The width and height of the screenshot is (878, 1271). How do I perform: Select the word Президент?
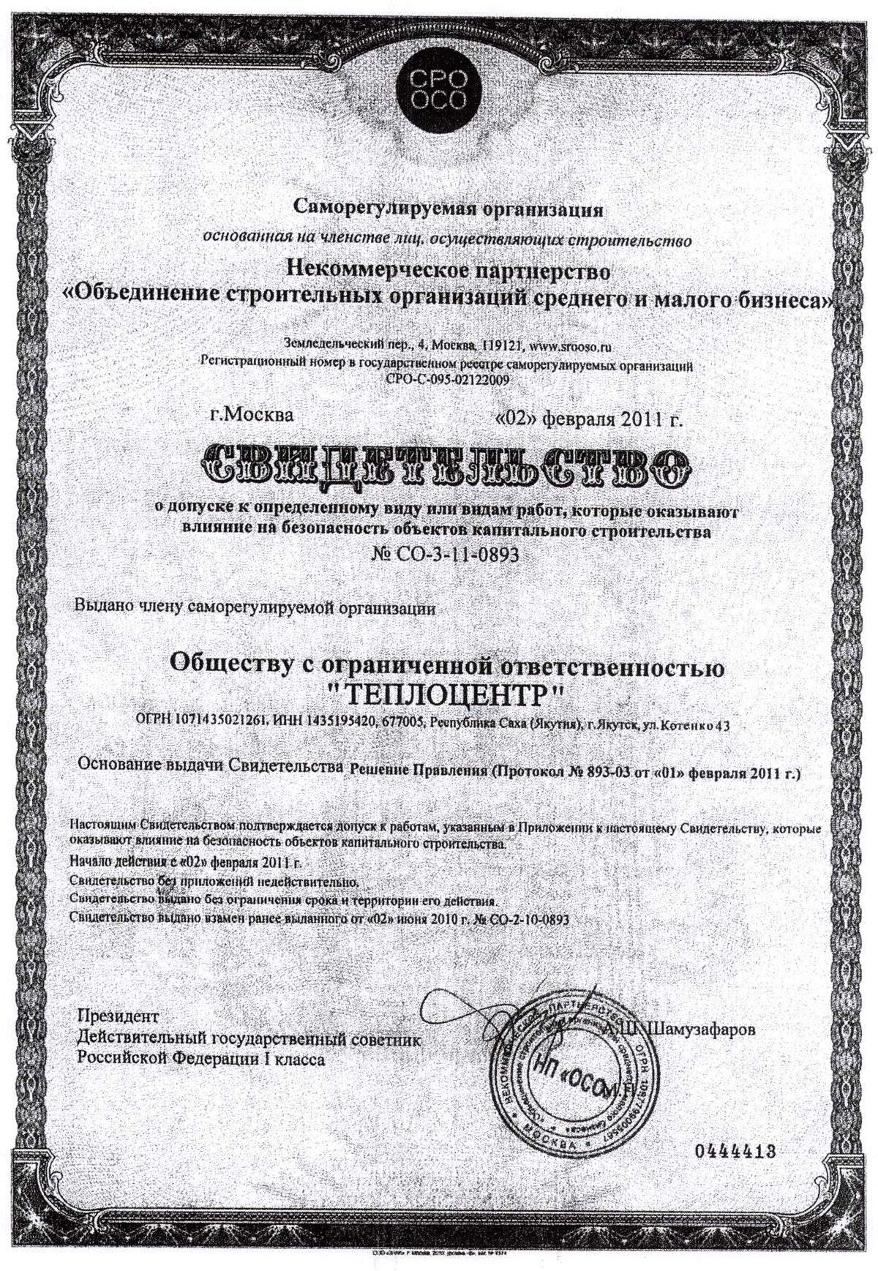[x=118, y=1017]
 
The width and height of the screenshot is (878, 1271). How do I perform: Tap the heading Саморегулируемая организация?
[x=448, y=210]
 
